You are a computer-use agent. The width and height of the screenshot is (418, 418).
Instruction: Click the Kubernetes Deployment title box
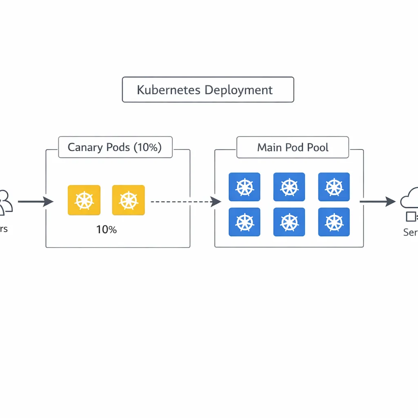pyautogui.click(x=208, y=89)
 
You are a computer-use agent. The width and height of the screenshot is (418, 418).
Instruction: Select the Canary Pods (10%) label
pyautogui.click(x=115, y=147)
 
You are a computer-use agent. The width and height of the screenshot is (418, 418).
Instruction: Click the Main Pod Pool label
pyautogui.click(x=293, y=147)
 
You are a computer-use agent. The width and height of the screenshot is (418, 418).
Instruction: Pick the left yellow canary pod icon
pyautogui.click(x=84, y=200)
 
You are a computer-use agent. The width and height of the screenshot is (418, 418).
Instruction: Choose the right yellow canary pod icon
pyautogui.click(x=128, y=200)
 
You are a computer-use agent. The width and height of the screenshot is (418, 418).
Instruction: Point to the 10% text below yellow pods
pyautogui.click(x=106, y=230)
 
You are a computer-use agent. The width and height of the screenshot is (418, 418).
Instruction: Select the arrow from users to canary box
pyautogui.click(x=36, y=201)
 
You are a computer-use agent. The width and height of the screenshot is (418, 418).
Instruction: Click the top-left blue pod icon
pyautogui.click(x=245, y=187)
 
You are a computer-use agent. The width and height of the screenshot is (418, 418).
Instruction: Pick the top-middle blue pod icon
pyautogui.click(x=289, y=187)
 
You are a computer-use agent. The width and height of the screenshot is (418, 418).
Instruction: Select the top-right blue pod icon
pyautogui.click(x=334, y=187)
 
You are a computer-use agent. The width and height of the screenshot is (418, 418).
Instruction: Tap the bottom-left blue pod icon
pyautogui.click(x=245, y=222)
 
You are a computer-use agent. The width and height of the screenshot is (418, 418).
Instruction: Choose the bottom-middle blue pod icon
pyautogui.click(x=289, y=222)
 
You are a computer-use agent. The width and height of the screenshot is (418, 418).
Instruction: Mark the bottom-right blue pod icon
pyautogui.click(x=334, y=222)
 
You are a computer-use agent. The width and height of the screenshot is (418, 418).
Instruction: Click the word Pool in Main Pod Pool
pyautogui.click(x=318, y=147)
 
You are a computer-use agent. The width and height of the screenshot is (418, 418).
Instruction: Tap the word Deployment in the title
pyautogui.click(x=238, y=90)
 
